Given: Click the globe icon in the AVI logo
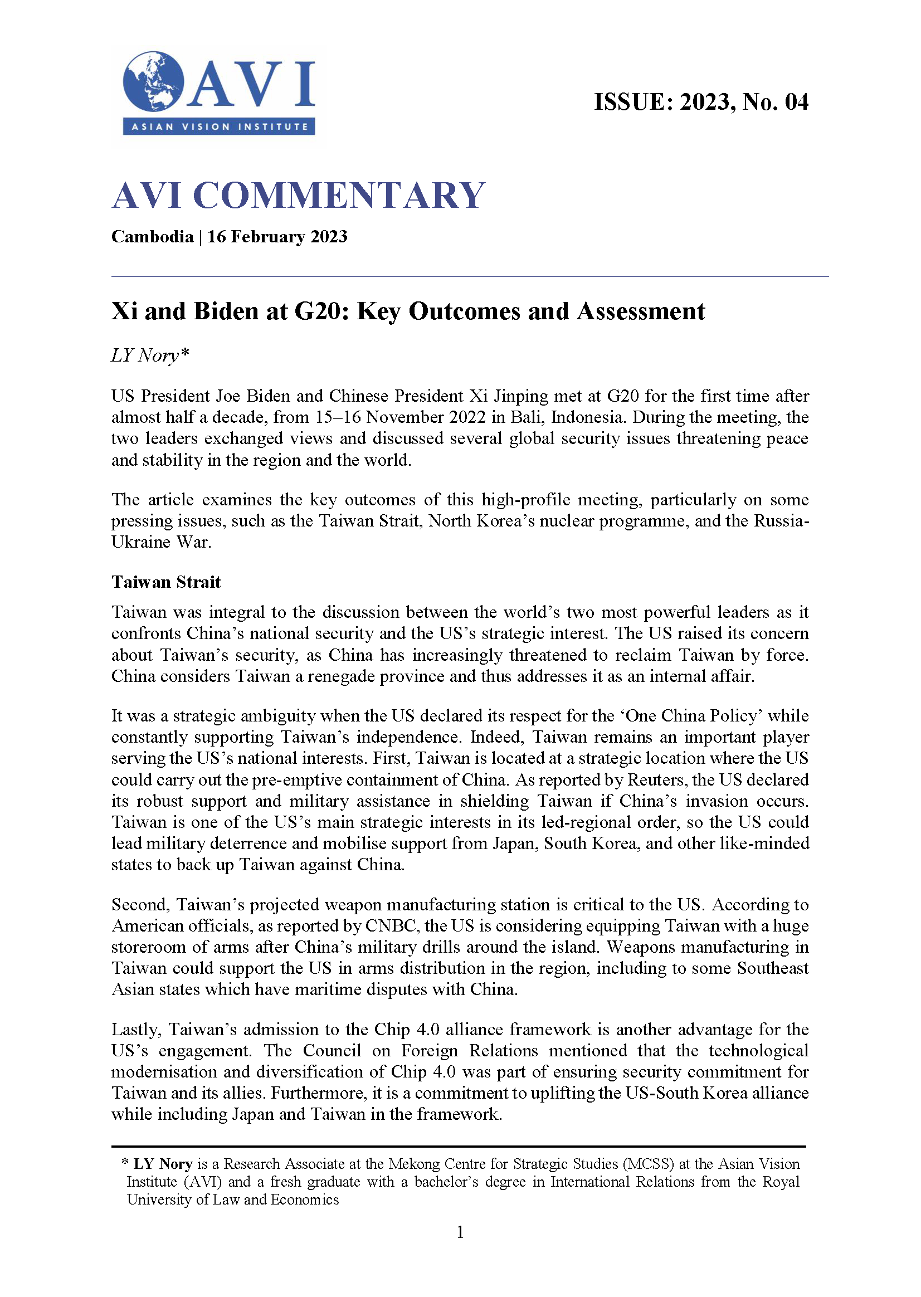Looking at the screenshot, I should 153,82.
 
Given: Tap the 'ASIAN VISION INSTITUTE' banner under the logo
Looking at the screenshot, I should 219,126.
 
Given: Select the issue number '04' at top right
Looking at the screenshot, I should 796,102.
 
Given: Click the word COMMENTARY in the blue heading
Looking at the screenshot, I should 339,196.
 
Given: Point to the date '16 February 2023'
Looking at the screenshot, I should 277,236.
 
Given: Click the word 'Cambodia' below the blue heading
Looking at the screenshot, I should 152,236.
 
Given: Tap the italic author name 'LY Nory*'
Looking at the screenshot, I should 150,355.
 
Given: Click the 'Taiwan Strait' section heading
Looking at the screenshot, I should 165,582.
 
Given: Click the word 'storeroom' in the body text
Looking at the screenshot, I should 149,947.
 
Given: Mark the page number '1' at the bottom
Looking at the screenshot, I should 460,1232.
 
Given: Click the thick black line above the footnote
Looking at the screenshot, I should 458,1147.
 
